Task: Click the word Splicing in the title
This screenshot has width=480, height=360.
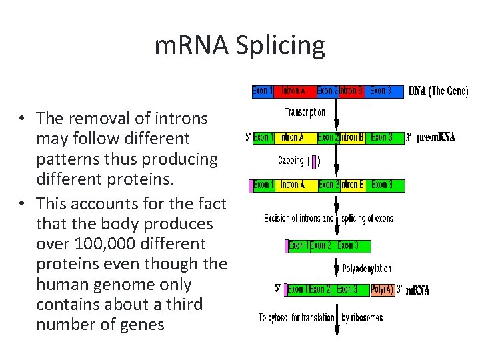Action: pos(285,46)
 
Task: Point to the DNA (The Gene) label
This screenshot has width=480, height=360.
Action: pos(438,91)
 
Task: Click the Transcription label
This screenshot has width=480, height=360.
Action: pos(305,113)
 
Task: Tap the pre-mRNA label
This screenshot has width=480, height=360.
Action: pos(436,138)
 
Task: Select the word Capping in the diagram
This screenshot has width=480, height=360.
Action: pos(291,161)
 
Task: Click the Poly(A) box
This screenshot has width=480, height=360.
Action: pos(382,289)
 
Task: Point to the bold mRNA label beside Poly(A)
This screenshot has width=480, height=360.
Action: pos(417,290)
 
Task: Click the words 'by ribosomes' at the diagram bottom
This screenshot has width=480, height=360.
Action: pos(363,317)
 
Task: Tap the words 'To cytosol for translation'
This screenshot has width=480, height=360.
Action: pos(297,317)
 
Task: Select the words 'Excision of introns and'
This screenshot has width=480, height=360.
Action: pos(299,219)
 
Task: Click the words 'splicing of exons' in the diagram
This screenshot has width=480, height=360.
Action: pos(367,219)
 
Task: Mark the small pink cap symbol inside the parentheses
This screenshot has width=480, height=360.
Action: pos(314,161)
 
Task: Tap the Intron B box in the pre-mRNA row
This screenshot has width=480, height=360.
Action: pos(352,138)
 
